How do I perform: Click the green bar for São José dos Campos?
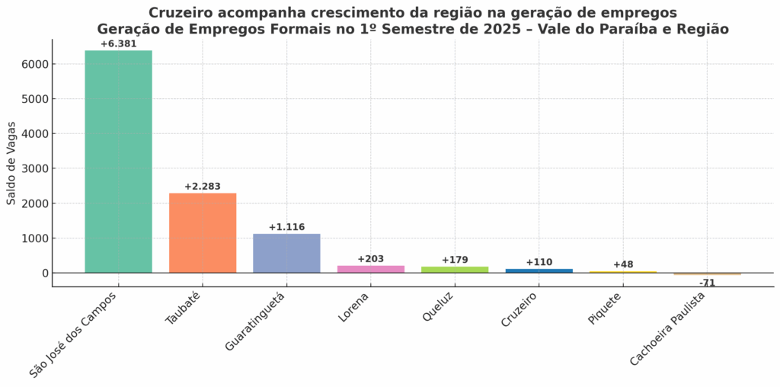118,162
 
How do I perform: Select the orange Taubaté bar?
203,232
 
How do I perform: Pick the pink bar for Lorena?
370,269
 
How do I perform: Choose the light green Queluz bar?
455,270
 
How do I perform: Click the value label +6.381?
118,43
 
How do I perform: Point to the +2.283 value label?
203,187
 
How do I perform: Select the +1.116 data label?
286,227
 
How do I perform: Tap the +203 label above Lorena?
370,259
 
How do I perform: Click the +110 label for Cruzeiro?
539,262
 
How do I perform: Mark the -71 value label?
707,283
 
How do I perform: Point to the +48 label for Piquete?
623,264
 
